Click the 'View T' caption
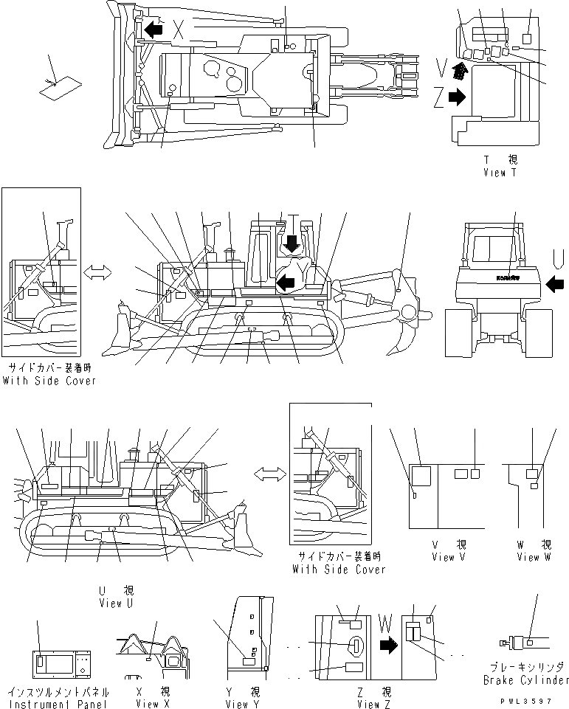[x=500, y=172]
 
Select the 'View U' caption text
[x=116, y=603]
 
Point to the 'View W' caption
[x=534, y=557]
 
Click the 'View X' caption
[x=147, y=704]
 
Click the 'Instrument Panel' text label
[x=58, y=704]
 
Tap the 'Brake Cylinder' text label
[x=526, y=679]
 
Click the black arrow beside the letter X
[x=154, y=30]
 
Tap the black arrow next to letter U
[x=557, y=282]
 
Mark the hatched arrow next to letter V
[x=461, y=71]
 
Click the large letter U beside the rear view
[x=558, y=258]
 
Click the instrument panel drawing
[x=62, y=663]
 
